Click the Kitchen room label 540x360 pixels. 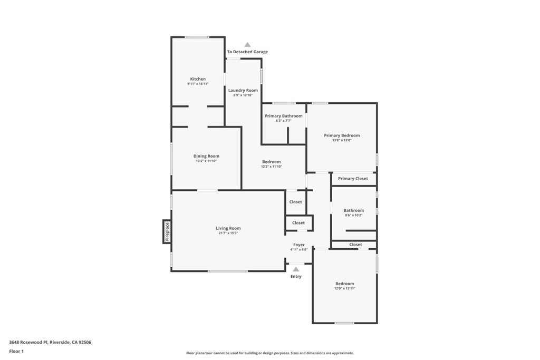pyautogui.click(x=198, y=79)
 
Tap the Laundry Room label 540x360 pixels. pyautogui.click(x=243, y=91)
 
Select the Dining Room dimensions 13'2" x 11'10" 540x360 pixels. pyautogui.click(x=206, y=161)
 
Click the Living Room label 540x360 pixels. pyautogui.click(x=228, y=228)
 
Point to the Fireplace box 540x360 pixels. pyautogui.click(x=167, y=231)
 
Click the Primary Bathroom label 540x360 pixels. pyautogui.click(x=284, y=116)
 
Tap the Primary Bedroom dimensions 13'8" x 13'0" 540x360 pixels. pyautogui.click(x=342, y=140)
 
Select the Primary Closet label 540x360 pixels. pyautogui.click(x=353, y=179)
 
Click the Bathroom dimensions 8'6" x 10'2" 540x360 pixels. pyautogui.click(x=354, y=215)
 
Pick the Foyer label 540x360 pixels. pyautogui.click(x=299, y=245)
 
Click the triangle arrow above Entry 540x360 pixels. pyautogui.click(x=296, y=269)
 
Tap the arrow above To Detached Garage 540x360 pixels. pyautogui.click(x=247, y=45)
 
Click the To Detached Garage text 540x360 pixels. pyautogui.click(x=247, y=52)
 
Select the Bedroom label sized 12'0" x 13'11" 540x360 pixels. pyautogui.click(x=345, y=284)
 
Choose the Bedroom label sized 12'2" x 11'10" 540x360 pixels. pyautogui.click(x=271, y=162)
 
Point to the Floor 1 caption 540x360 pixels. pyautogui.click(x=16, y=351)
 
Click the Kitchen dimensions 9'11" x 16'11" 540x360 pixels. pyautogui.click(x=198, y=84)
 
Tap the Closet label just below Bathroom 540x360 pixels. pyautogui.click(x=355, y=245)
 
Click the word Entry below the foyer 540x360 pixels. pyautogui.click(x=296, y=276)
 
